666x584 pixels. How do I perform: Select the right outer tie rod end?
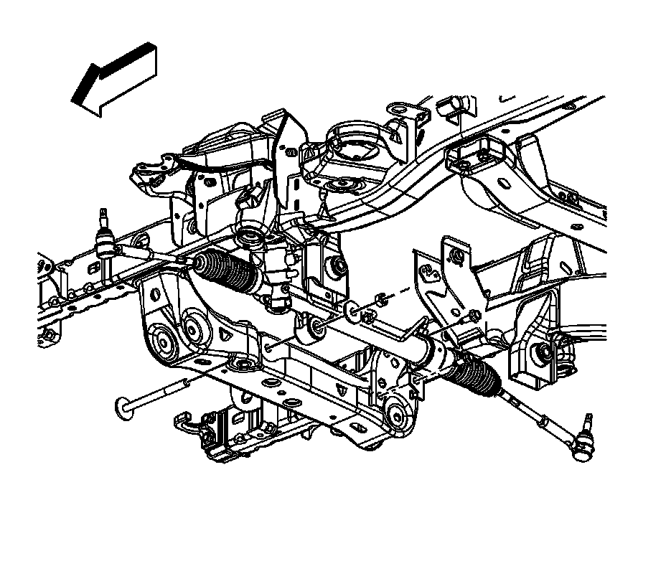tap(583, 439)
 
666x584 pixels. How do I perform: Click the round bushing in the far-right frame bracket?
tap(543, 352)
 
